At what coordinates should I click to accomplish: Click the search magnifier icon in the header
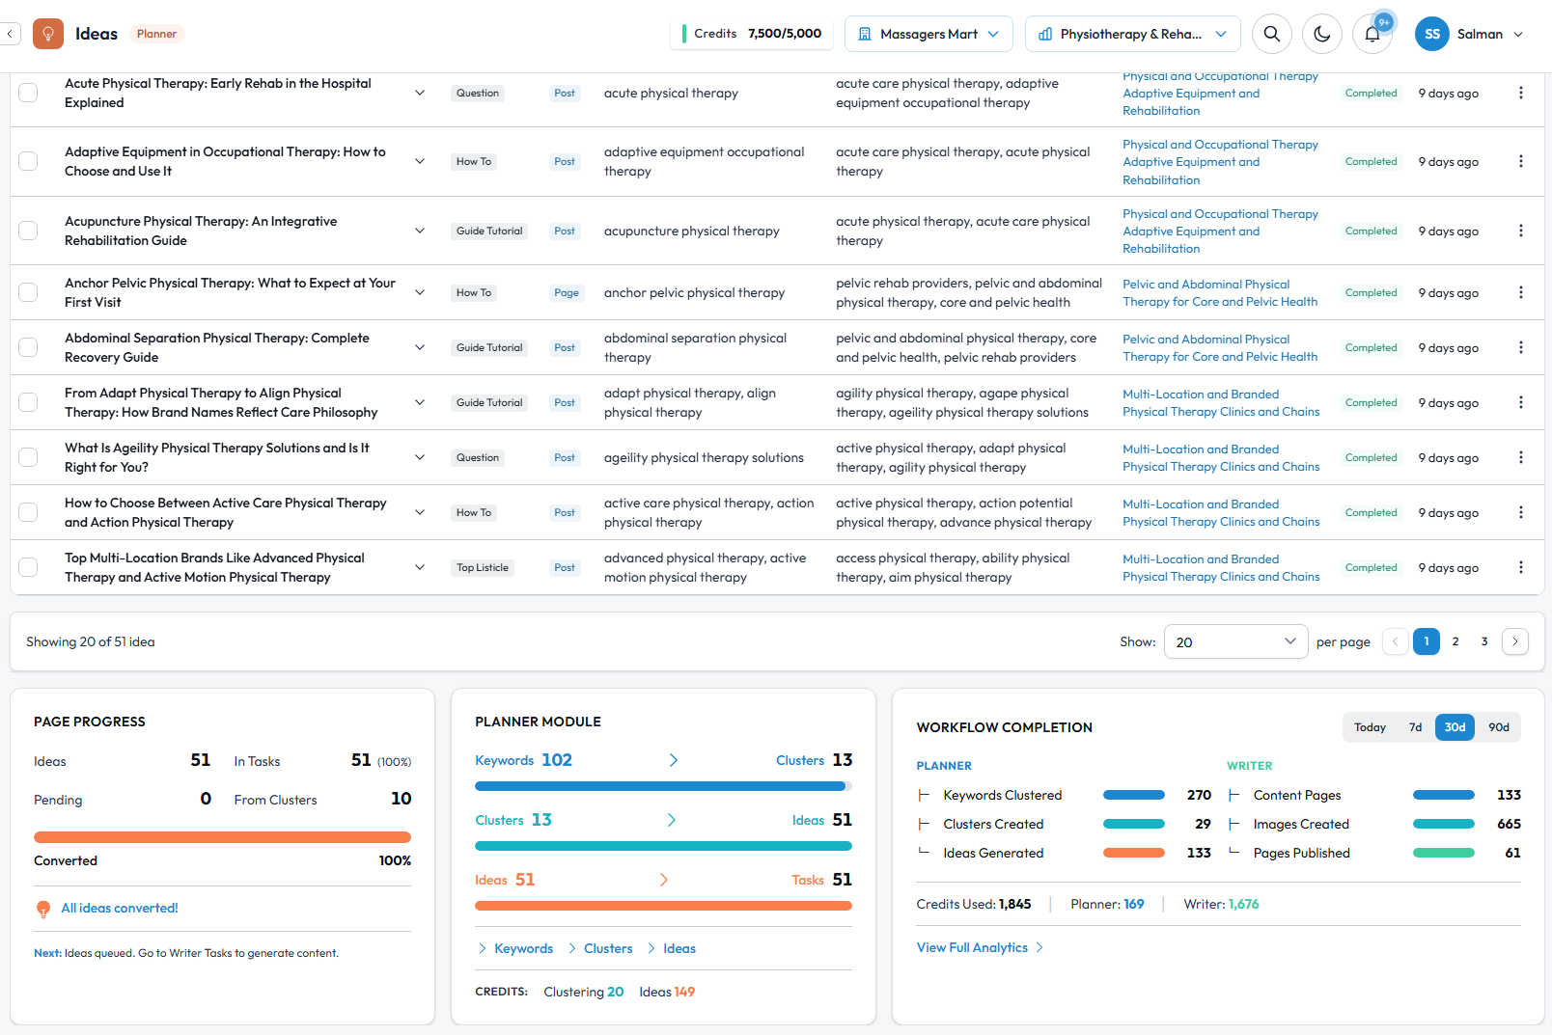(x=1272, y=34)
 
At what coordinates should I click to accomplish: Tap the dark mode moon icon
(x=1322, y=34)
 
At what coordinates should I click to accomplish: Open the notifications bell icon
(x=1372, y=35)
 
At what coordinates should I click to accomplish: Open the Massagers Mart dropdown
(x=928, y=34)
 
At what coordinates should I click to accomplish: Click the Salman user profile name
(x=1479, y=34)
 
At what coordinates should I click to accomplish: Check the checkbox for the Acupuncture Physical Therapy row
(x=28, y=231)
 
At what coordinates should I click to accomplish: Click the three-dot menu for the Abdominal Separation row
(x=1520, y=347)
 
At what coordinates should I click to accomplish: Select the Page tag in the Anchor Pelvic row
(x=567, y=292)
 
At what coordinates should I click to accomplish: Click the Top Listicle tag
(x=483, y=567)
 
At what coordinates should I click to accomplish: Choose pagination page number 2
(x=1455, y=641)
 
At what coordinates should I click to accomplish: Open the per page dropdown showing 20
(x=1235, y=641)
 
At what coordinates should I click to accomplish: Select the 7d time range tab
(x=1415, y=727)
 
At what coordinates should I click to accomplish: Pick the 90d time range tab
(x=1498, y=727)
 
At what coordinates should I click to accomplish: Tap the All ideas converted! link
(x=120, y=908)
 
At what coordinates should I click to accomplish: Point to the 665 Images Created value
(x=1509, y=824)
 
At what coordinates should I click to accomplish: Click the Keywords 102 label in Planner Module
(x=523, y=760)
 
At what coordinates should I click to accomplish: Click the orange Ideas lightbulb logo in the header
(x=48, y=34)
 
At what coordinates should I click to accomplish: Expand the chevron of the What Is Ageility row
(x=420, y=457)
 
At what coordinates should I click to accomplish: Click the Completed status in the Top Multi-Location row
(x=1371, y=567)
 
